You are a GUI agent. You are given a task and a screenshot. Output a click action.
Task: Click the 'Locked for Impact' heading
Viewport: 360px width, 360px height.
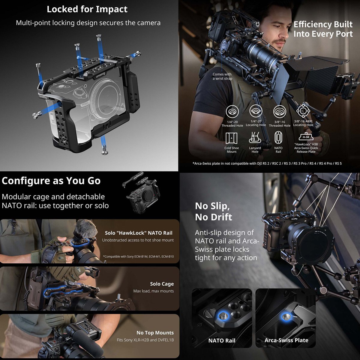[x=87, y=9]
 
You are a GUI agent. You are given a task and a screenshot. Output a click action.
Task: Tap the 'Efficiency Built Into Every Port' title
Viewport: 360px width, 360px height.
[x=323, y=29]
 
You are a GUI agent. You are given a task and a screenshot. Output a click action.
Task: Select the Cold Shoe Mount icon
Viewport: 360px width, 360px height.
[x=232, y=138]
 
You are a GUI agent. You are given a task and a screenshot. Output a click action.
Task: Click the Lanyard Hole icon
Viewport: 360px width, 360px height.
[x=255, y=137]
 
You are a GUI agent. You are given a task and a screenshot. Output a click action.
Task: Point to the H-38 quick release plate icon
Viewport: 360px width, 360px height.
[x=306, y=136]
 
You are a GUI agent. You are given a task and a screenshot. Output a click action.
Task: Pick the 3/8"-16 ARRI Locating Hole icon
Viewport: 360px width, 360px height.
[x=303, y=111]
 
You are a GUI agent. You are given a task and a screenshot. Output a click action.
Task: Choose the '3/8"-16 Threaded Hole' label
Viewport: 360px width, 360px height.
[x=280, y=124]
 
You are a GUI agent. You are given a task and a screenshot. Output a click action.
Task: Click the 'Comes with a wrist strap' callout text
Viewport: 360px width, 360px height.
[x=222, y=76]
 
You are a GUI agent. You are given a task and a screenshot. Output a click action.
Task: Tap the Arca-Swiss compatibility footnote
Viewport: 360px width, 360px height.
[x=267, y=163]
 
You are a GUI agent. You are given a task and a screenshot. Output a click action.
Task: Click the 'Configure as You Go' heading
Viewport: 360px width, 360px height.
[x=51, y=181]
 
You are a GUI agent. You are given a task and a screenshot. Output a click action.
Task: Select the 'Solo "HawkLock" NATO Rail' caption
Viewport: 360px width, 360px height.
[x=139, y=233]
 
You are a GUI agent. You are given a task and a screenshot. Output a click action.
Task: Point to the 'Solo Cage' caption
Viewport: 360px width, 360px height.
[x=162, y=284]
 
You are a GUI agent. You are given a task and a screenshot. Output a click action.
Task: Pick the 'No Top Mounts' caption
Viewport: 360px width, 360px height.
[x=155, y=333]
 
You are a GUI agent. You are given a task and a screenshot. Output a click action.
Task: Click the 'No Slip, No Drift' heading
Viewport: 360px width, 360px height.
[x=214, y=211]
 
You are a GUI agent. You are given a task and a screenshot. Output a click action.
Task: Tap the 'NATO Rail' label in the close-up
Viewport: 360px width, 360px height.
[x=222, y=340]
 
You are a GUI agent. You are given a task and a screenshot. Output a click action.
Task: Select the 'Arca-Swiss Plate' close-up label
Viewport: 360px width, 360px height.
[x=286, y=340]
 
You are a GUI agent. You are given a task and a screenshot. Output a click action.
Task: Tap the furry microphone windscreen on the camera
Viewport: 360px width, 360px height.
[x=85, y=230]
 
